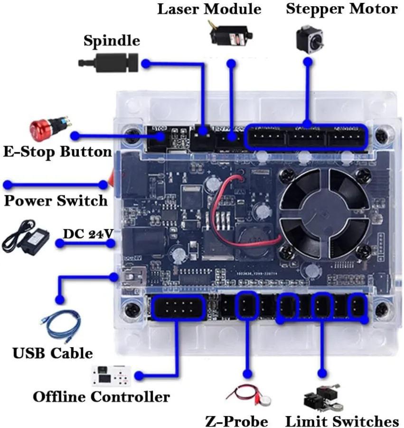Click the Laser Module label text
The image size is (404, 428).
click(x=209, y=9)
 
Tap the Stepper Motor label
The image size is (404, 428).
click(x=341, y=9)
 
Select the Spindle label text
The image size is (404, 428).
click(x=112, y=40)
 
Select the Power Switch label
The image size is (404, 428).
click(x=56, y=200)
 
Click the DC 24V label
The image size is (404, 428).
click(x=88, y=233)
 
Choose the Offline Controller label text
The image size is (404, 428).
click(x=101, y=396)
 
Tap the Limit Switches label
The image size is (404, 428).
click(x=342, y=421)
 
